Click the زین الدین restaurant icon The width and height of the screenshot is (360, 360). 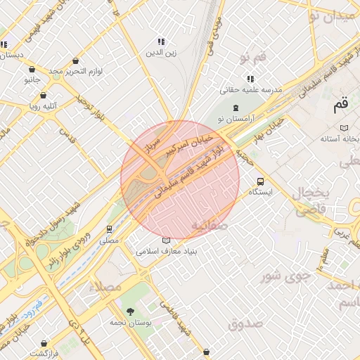click(x=160, y=41)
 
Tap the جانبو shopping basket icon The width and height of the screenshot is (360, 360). click(x=32, y=70)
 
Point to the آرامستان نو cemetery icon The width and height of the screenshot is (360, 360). click(x=235, y=108)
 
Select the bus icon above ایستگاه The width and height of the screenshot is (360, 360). click(x=261, y=181)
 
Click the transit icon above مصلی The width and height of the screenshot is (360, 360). click(x=109, y=229)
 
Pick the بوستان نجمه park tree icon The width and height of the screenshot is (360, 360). click(x=129, y=311)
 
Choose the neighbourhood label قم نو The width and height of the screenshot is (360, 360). click(x=253, y=56)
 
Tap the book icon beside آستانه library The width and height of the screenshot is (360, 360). click(x=344, y=127)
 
